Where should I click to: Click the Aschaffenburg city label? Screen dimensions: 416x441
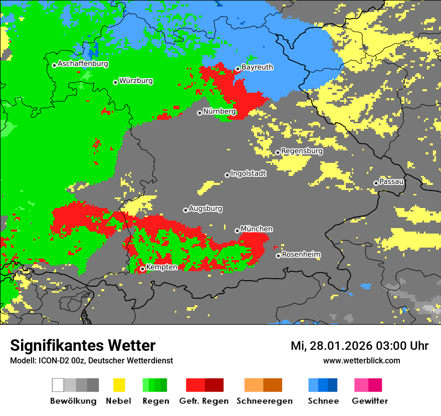[83, 64]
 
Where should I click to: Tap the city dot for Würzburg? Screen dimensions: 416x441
[115, 82]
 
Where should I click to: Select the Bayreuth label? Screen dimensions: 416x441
[257, 67]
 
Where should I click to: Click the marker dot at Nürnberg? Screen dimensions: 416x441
[199, 113]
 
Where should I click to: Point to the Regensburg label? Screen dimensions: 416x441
[302, 151]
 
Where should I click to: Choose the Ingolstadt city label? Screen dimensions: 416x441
[248, 173]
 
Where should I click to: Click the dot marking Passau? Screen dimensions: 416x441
[376, 183]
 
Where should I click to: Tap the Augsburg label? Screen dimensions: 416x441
[205, 209]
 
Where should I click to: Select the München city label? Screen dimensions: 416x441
[257, 229]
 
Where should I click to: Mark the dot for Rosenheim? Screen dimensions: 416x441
[278, 256]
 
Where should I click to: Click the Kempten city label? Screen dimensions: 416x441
[161, 267]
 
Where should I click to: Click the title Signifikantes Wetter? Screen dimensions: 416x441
[83, 345]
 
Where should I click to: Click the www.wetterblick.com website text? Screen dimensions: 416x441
[361, 360]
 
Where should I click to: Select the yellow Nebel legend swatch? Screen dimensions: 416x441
[119, 385]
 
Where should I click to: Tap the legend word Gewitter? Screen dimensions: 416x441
[369, 401]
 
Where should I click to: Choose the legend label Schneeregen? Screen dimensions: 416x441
[264, 401]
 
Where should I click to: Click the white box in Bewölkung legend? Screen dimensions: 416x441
[58, 385]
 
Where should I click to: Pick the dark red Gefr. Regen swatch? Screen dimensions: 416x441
[214, 385]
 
